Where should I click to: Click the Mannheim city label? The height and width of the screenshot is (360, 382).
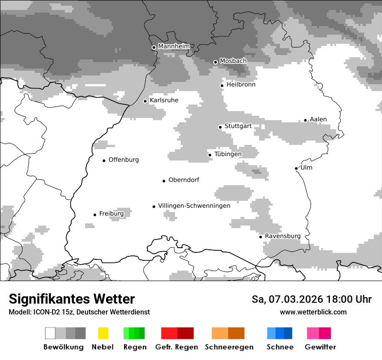pyautogui.click(x=174, y=46)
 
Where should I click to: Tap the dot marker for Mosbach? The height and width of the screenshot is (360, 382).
pyautogui.click(x=215, y=62)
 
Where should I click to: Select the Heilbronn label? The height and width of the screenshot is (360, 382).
pyautogui.click(x=241, y=85)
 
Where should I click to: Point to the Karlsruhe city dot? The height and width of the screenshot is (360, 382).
pyautogui.click(x=145, y=101)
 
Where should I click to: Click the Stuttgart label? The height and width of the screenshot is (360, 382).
pyautogui.click(x=238, y=126)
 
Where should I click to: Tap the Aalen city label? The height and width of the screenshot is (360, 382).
pyautogui.click(x=318, y=119)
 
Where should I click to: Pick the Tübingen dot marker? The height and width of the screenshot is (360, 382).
pyautogui.click(x=210, y=155)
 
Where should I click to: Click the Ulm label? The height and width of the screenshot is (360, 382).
pyautogui.click(x=306, y=167)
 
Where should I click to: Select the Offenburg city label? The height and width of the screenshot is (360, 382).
pyautogui.click(x=124, y=160)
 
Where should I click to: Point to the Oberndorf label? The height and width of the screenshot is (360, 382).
pyautogui.click(x=184, y=180)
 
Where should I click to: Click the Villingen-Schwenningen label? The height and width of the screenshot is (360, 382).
pyautogui.click(x=194, y=206)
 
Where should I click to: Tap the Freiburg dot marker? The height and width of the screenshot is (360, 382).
pyautogui.click(x=95, y=215)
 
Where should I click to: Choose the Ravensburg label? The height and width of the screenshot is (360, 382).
pyautogui.click(x=283, y=236)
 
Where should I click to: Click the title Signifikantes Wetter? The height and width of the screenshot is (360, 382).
pyautogui.click(x=72, y=299)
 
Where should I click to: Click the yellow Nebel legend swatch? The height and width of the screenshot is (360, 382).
pyautogui.click(x=103, y=333)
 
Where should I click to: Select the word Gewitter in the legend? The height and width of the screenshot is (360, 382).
pyautogui.click(x=320, y=347)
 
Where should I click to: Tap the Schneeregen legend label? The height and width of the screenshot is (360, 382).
pyautogui.click(x=229, y=347)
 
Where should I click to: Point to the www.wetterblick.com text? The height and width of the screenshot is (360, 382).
pyautogui.click(x=313, y=312)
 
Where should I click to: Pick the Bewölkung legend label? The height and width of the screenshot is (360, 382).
pyautogui.click(x=63, y=347)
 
